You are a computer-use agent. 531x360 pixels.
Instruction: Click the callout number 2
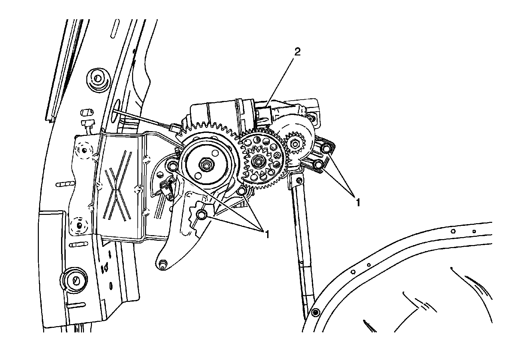point(297,52)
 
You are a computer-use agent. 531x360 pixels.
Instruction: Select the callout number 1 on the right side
point(357,202)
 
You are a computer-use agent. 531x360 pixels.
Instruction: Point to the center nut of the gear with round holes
point(258,161)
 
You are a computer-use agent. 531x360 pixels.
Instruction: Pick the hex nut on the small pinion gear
point(294,144)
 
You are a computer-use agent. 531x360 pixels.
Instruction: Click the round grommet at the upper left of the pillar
point(97,79)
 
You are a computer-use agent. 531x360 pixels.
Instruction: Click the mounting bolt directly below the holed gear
point(243,191)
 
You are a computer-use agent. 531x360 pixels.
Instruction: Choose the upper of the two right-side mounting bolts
point(325,148)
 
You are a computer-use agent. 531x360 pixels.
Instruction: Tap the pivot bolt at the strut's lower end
point(315,312)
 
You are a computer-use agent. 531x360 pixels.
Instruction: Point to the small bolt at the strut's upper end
point(299,180)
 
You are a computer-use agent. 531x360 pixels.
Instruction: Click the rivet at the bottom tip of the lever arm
point(162,264)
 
